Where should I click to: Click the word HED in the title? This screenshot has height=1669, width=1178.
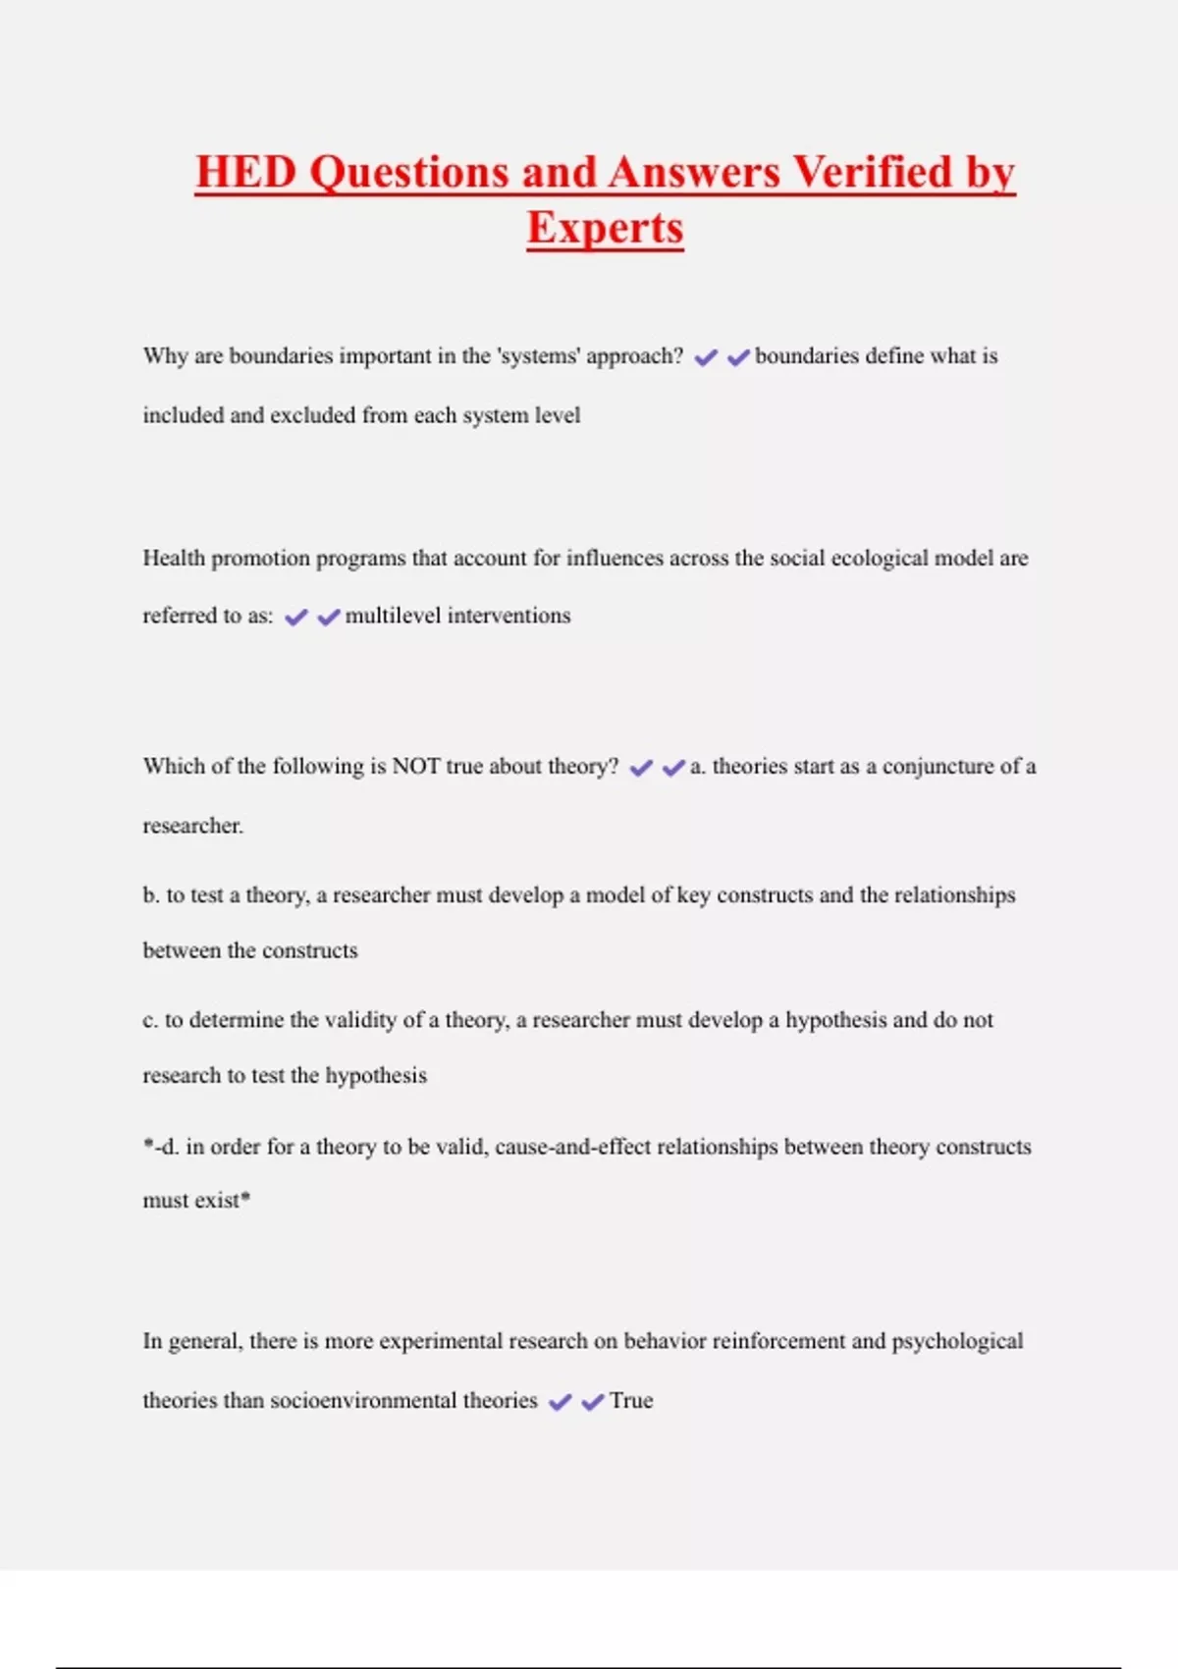245,173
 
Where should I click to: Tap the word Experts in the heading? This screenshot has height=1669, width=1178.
605,229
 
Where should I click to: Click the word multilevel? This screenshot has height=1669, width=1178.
393,616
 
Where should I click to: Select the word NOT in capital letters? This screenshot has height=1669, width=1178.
415,767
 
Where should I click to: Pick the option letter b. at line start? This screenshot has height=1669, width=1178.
151,895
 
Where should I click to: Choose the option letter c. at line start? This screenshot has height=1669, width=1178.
150,1021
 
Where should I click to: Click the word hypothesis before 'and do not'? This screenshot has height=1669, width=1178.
835,1021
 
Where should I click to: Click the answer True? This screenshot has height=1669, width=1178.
631,1401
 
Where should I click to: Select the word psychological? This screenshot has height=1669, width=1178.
957,1342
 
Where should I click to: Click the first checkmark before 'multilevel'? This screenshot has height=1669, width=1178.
295,618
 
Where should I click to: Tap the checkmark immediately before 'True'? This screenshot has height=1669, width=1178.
592,1403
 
